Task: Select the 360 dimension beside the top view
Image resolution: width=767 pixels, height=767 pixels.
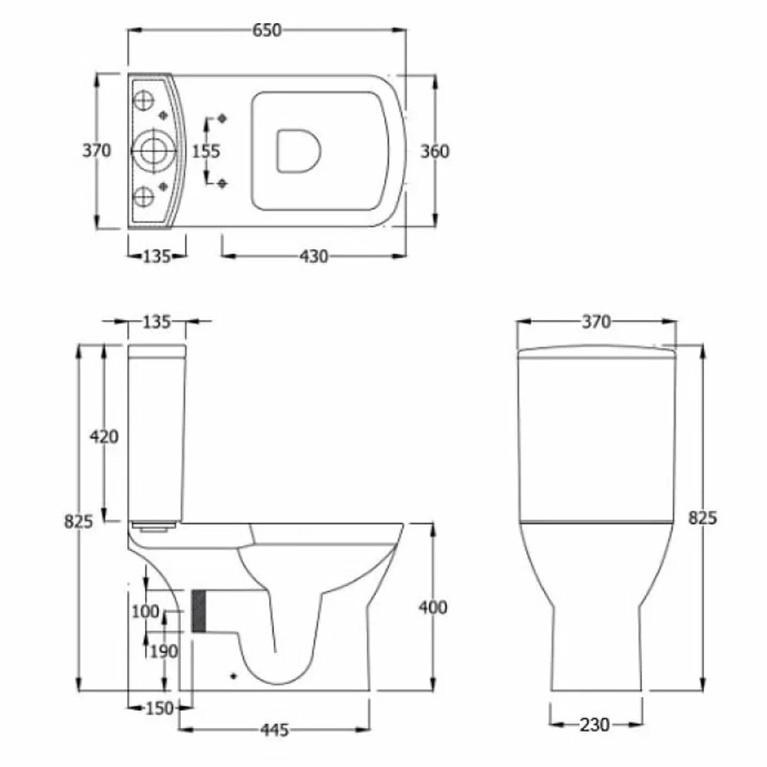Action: coord(435,151)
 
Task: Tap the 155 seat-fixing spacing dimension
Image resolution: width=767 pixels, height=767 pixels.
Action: coord(206,151)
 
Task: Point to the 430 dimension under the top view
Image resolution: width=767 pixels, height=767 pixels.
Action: coord(314,256)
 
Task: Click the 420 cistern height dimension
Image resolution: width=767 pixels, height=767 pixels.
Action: coord(104,436)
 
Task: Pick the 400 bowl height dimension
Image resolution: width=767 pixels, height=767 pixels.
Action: coord(433,607)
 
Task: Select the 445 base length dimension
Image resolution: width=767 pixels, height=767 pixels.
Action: coord(274,730)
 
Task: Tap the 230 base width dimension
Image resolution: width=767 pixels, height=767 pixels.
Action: coord(595,724)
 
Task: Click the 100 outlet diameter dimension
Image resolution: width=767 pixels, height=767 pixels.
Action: coord(145,611)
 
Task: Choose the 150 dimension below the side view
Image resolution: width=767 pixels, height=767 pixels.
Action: coord(160,708)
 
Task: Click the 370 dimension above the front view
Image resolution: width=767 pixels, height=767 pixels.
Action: coord(596,322)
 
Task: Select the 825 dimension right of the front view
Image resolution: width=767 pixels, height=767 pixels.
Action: coord(702,518)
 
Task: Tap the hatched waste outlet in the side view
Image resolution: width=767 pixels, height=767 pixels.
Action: coord(200,611)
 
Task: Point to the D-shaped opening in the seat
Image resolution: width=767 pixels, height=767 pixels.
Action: coord(297,150)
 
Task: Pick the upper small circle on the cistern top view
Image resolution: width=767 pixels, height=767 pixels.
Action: coord(143,100)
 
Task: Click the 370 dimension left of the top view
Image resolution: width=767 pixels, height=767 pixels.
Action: coord(97,151)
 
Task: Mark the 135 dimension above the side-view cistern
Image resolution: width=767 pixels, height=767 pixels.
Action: coord(156,322)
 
